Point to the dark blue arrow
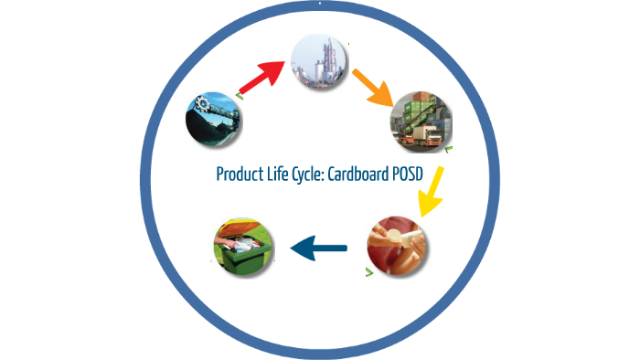[x=318, y=246]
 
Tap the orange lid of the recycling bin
[x=239, y=227]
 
